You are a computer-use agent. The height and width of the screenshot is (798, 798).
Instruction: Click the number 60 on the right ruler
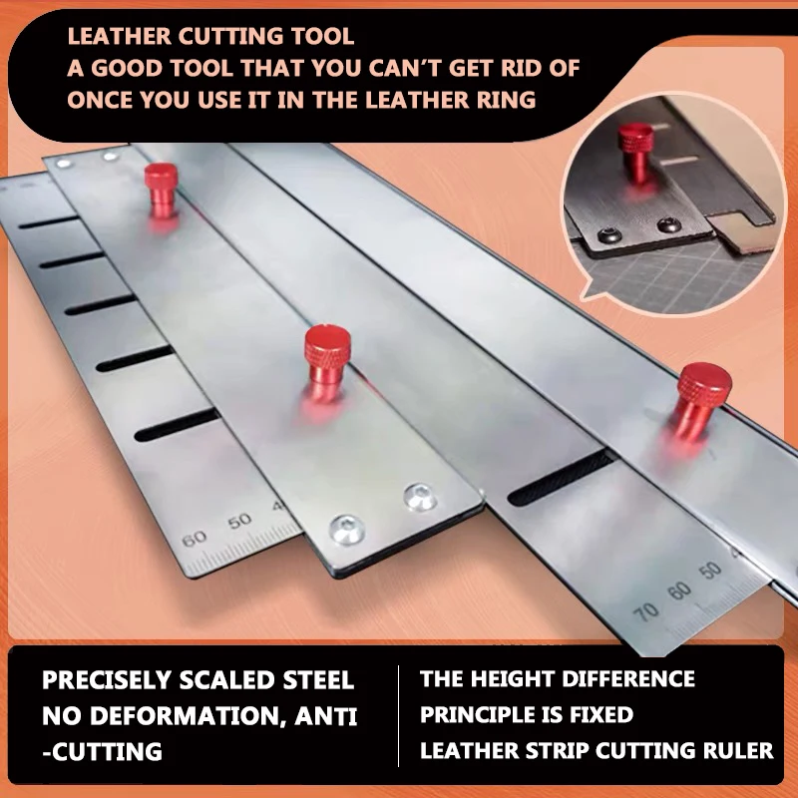tap(680, 592)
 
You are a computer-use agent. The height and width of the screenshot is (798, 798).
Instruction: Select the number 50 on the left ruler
tap(239, 522)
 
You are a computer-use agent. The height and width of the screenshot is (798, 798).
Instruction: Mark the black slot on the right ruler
tap(559, 478)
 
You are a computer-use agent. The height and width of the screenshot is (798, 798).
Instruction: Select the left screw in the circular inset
tap(605, 233)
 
